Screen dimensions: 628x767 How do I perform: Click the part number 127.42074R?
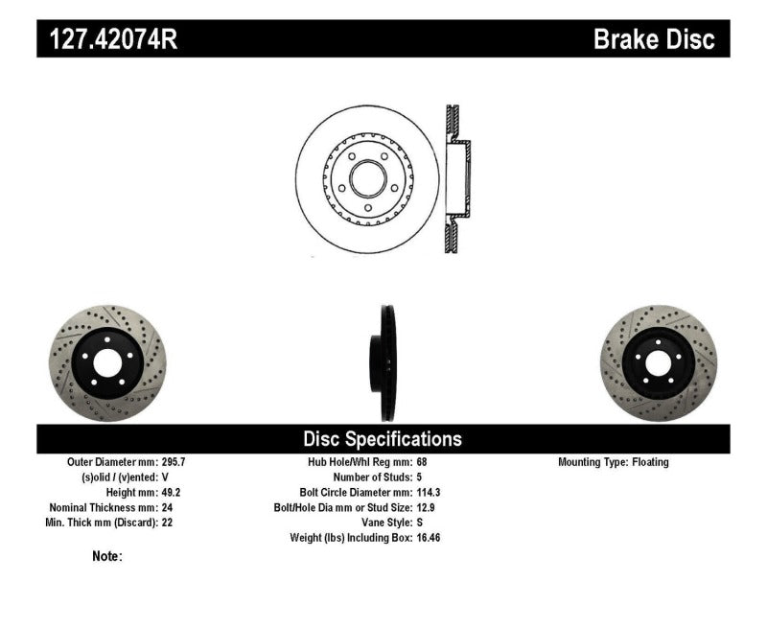tap(107, 39)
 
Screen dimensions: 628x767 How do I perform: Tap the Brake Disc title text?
tap(654, 39)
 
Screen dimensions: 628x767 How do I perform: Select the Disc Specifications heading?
tap(383, 439)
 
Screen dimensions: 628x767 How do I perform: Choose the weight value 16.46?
tap(426, 538)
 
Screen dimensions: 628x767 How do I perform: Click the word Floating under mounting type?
tap(650, 462)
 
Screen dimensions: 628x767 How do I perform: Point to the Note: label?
tap(107, 556)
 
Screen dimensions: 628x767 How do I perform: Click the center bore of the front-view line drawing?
tap(367, 178)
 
